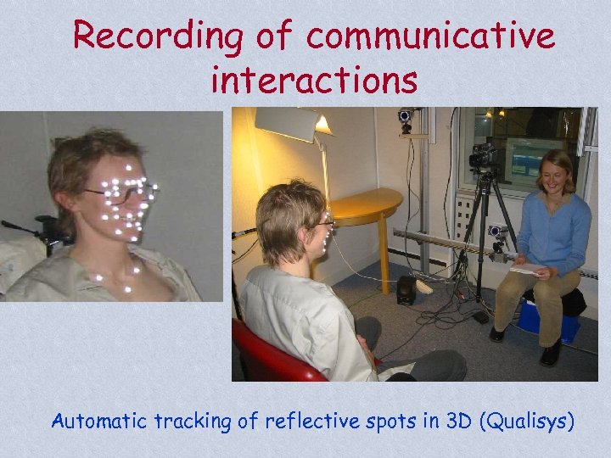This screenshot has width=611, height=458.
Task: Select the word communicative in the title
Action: tap(431, 36)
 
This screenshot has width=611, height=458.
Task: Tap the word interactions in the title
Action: tap(314, 81)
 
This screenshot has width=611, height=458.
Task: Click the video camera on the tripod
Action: tap(483, 156)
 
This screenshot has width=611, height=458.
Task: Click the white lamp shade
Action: tap(289, 125)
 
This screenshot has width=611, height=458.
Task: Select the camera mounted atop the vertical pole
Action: tap(405, 117)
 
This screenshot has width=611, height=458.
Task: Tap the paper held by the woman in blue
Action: tap(525, 269)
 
